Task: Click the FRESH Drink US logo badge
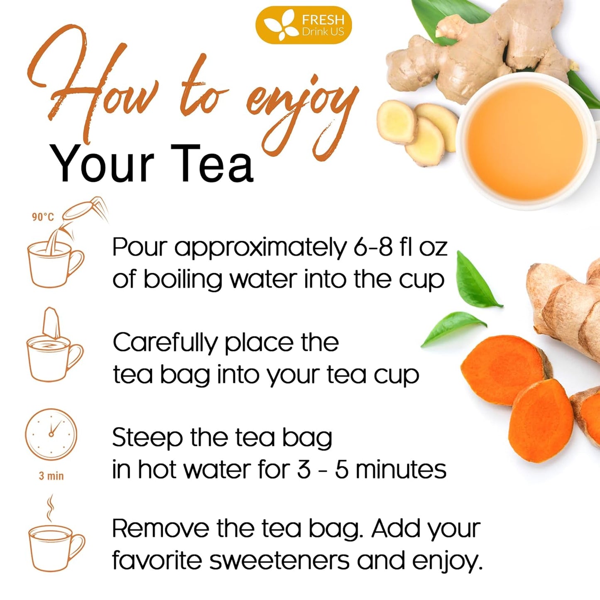tap(303, 25)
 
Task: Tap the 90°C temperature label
tap(43, 217)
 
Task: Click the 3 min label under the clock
tap(51, 476)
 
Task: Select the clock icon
tap(51, 434)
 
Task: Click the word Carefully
tap(165, 343)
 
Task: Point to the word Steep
tap(147, 438)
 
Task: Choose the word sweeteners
tap(280, 561)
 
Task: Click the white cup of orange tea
tap(527, 141)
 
